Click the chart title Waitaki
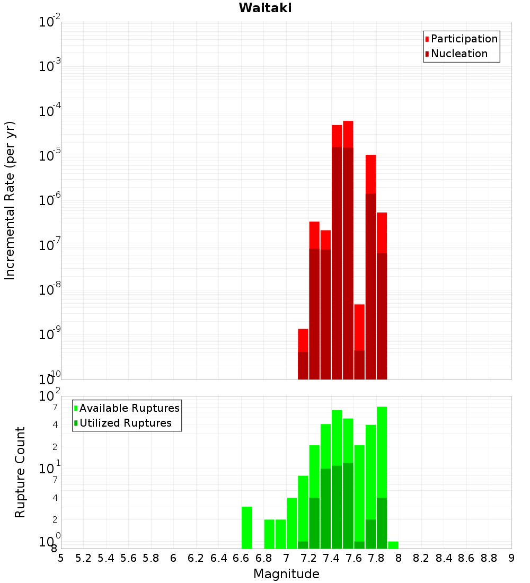tap(264, 8)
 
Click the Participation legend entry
tap(464, 39)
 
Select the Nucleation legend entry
tap(459, 54)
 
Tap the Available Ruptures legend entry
tap(129, 408)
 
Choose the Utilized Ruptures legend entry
tap(125, 423)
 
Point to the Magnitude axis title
tap(286, 574)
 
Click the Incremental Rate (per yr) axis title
tap(10, 201)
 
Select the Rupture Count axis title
tap(20, 472)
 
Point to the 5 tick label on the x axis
tap(61, 558)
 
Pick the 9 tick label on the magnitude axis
tap(511, 558)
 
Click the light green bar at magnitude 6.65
tap(246, 527)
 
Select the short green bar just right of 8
tap(393, 545)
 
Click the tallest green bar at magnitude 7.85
tap(382, 450)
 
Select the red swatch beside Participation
tap(427, 39)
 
